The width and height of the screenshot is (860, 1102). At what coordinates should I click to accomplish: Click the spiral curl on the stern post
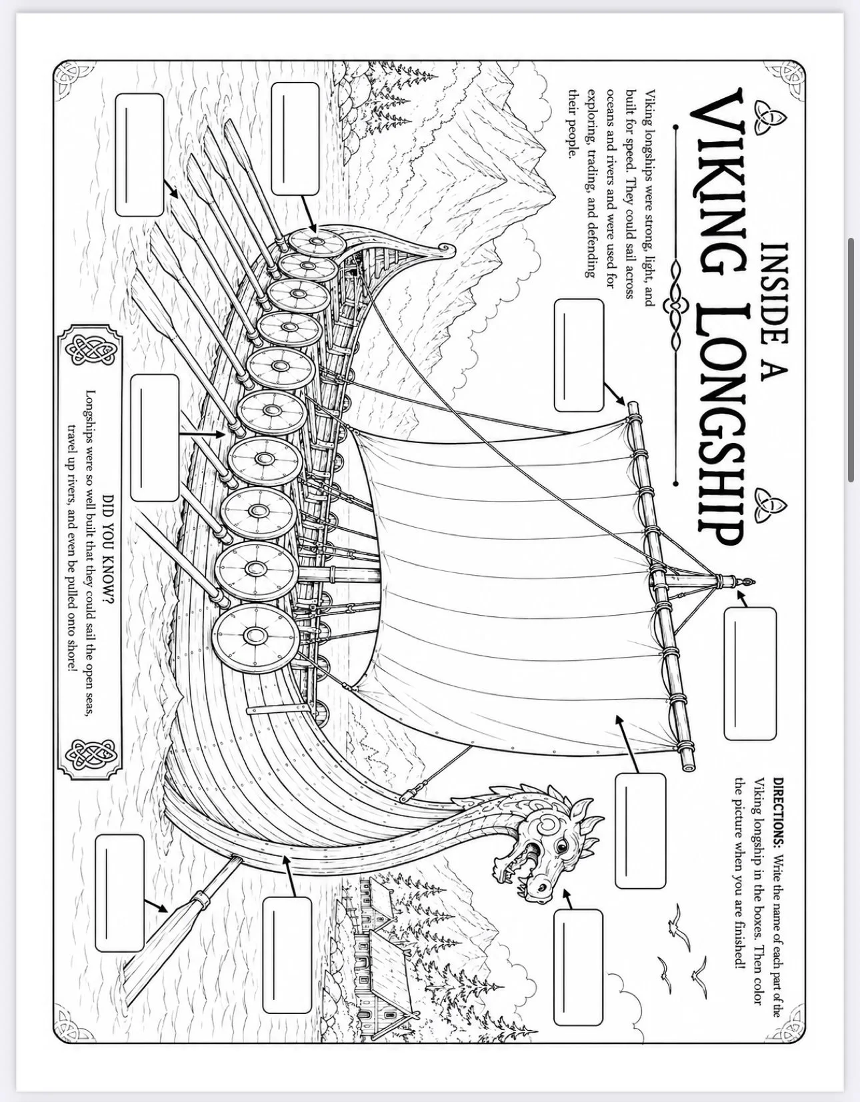(x=447, y=249)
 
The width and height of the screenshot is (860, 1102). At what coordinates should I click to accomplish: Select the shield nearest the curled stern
(x=317, y=242)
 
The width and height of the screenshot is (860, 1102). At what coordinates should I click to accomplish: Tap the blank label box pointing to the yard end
(x=579, y=356)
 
